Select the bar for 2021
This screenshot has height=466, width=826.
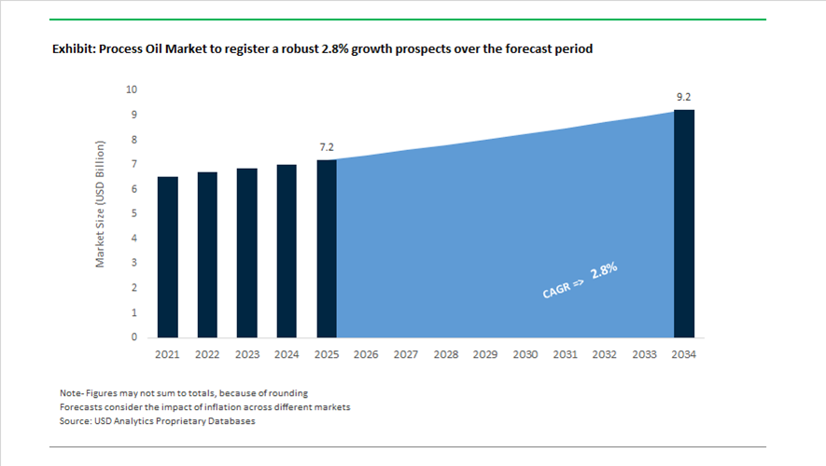coord(167,256)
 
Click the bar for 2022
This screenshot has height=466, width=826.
coord(207,254)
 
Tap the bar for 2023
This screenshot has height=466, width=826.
coord(247,253)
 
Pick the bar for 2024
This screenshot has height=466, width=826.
coord(287,251)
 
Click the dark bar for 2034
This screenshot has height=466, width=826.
coord(684,224)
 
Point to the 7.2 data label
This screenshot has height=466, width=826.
coord(327,148)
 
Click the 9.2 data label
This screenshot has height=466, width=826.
coord(684,97)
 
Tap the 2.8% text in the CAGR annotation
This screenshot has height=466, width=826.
coord(603,273)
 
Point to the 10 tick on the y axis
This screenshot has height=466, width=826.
coord(132,90)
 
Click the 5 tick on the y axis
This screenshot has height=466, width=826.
coord(134,213)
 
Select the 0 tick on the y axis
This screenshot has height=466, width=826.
coord(134,337)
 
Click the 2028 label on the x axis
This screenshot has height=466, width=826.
coord(446,355)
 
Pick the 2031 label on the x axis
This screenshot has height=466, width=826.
coord(565,355)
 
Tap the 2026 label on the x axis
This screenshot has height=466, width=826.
coord(366,355)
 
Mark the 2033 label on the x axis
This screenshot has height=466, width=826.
coord(644,355)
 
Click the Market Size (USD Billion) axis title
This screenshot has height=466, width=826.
coord(101,205)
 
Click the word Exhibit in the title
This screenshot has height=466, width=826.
coord(71,49)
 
